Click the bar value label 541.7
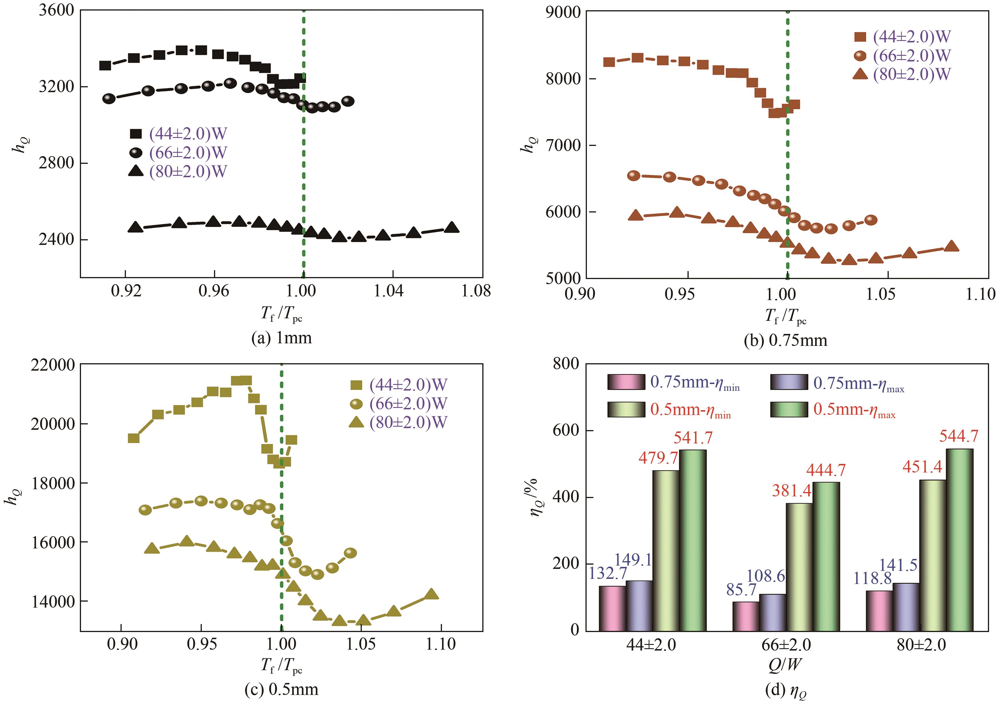tap(693, 437)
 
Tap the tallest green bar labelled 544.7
tap(959, 540)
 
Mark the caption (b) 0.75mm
tap(786, 340)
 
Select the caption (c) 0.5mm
tap(282, 689)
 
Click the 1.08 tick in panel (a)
tap(476, 291)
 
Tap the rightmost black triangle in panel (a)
tap(452, 227)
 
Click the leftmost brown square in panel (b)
tap(609, 62)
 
